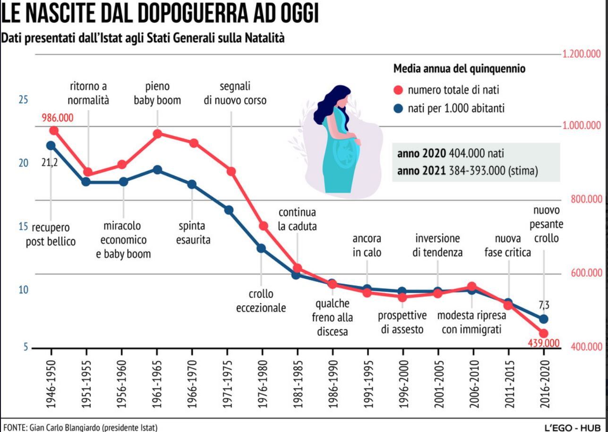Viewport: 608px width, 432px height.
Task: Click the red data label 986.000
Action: point(58,118)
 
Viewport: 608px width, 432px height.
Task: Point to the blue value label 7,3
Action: point(544,305)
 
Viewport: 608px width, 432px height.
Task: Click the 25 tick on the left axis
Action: point(23,100)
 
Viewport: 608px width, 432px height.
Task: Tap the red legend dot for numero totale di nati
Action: point(398,90)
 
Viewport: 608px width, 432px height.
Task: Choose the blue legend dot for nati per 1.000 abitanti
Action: point(398,109)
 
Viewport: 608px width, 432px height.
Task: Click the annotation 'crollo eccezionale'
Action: point(261,301)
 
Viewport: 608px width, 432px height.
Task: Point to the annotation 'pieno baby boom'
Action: point(157,93)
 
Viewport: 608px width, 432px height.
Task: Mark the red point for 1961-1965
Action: point(158,134)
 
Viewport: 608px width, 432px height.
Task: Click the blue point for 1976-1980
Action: point(261,248)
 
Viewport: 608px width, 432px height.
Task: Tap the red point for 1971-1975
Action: point(231,171)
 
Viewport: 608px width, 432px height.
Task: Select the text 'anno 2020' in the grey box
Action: point(422,154)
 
